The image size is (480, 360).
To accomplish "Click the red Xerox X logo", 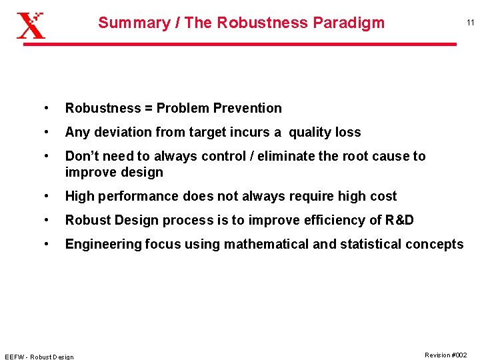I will coord(31,25).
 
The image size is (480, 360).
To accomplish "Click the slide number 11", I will coord(470,23).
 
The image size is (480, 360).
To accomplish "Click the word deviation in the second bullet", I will coord(118,132).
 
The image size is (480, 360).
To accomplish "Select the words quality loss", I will coord(325,132).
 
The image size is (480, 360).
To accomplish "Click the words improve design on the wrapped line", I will coord(114,172).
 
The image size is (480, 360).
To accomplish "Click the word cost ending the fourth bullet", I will coord(382,196).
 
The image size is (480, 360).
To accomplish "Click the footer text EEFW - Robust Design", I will coord(39,357).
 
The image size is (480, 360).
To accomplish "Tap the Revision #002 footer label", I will coord(446,355).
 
